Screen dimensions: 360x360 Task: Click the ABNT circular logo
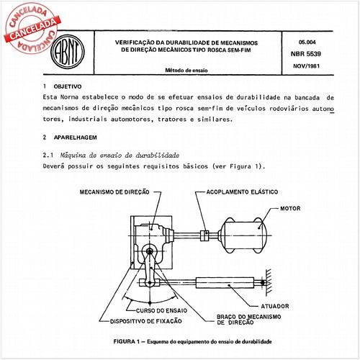pyautogui.click(x=68, y=52)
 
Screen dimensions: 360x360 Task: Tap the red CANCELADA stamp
pyautogui.click(x=31, y=28)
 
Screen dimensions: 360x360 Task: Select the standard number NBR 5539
pyautogui.click(x=306, y=54)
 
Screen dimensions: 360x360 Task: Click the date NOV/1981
pyautogui.click(x=306, y=66)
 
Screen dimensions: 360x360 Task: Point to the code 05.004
pyautogui.click(x=307, y=42)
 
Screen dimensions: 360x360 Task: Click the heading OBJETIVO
pyautogui.click(x=68, y=86)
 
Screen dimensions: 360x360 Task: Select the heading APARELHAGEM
pyautogui.click(x=76, y=138)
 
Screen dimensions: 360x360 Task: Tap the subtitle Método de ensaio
pyautogui.click(x=186, y=71)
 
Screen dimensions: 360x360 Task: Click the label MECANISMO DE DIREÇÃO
pyautogui.click(x=114, y=192)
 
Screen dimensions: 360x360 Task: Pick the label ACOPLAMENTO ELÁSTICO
pyautogui.click(x=242, y=192)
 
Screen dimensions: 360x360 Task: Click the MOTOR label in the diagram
pyautogui.click(x=290, y=208)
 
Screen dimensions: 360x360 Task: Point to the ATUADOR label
pyautogui.click(x=275, y=306)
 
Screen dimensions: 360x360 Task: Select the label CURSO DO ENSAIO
pyautogui.click(x=161, y=310)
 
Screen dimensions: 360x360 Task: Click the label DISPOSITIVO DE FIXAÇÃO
pyautogui.click(x=145, y=321)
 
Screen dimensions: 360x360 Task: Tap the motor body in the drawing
pyautogui.click(x=243, y=235)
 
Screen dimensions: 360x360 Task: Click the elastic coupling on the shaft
pyautogui.click(x=204, y=235)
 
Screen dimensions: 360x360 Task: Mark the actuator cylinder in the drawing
pyautogui.click(x=225, y=283)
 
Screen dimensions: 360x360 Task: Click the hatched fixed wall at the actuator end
pyautogui.click(x=269, y=282)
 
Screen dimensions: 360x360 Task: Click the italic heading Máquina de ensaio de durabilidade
pyautogui.click(x=120, y=156)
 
